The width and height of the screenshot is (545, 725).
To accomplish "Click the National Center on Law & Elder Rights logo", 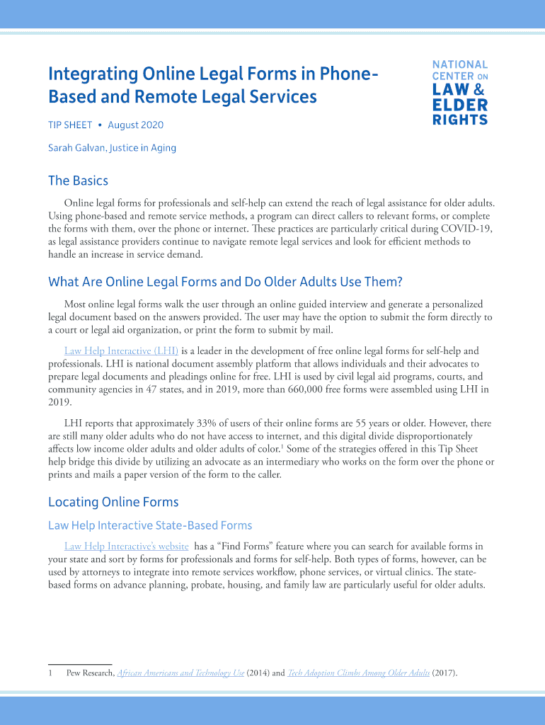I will [460, 92].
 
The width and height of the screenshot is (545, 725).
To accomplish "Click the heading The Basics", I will [78, 181].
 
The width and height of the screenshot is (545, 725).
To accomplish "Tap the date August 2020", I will [135, 125].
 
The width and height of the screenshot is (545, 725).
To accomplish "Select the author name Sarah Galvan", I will [76, 148].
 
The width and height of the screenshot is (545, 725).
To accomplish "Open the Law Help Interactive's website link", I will [126, 546].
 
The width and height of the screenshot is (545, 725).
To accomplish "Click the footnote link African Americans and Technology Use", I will [180, 673].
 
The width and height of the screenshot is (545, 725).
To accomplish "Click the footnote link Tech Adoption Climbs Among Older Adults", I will [358, 673].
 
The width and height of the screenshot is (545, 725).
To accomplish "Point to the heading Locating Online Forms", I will [113, 502].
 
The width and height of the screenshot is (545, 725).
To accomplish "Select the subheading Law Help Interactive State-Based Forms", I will [150, 525].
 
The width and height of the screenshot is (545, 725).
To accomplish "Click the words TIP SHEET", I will [70, 125].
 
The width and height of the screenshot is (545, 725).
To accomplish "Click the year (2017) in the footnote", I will [444, 673].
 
